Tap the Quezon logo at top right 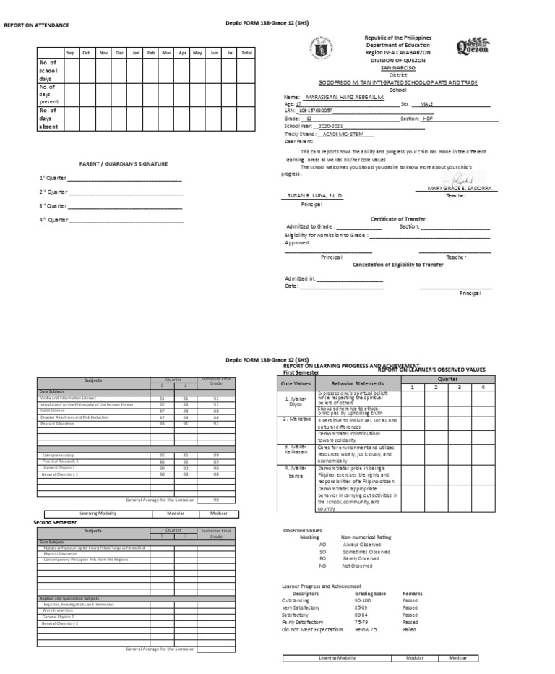click(472, 48)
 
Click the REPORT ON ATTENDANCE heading click(37, 25)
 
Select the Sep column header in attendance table click(70, 53)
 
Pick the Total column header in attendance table click(246, 53)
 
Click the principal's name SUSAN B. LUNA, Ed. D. click(315, 196)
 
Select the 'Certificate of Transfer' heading click(397, 218)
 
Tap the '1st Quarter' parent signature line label click(53, 178)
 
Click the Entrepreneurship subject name click(63, 455)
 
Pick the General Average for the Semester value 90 click(215, 500)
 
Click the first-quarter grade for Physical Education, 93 click(162, 424)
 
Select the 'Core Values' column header click(296, 383)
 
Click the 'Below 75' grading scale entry click(365, 630)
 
